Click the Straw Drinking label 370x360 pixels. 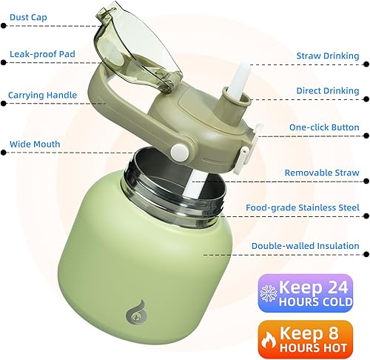click(x=328, y=56)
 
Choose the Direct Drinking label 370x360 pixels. click(x=328, y=91)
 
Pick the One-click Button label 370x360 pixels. click(x=324, y=127)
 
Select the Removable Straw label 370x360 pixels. click(x=322, y=173)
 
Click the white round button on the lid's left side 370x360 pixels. click(x=178, y=150)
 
